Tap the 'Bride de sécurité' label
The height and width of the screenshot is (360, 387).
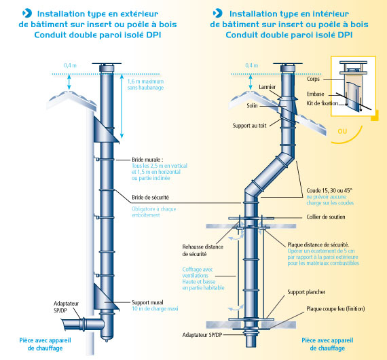click(150, 197)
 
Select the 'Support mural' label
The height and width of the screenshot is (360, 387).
click(147, 302)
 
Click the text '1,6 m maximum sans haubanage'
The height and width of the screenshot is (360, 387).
click(145, 84)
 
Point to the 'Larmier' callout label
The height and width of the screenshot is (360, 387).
click(267, 87)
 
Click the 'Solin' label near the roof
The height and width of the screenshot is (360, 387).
click(252, 106)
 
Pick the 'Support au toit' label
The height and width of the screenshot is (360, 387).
click(249, 126)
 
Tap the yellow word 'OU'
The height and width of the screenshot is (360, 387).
click(342, 131)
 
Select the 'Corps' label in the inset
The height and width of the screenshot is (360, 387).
click(313, 79)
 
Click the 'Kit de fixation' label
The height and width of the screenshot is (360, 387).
click(322, 103)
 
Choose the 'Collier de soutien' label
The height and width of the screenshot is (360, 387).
click(326, 217)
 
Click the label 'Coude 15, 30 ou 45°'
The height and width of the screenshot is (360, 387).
click(329, 191)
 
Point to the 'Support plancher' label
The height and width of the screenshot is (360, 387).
click(306, 292)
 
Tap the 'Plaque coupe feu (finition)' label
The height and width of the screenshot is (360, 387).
click(335, 308)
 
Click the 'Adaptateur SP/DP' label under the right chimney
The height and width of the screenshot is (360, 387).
click(202, 335)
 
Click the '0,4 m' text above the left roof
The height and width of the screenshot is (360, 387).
click(70, 65)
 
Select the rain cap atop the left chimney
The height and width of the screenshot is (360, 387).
click(107, 65)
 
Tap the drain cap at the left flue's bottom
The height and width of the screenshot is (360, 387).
click(107, 338)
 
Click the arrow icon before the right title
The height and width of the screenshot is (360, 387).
click(218, 13)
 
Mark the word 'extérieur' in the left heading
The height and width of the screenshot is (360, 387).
click(139, 14)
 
